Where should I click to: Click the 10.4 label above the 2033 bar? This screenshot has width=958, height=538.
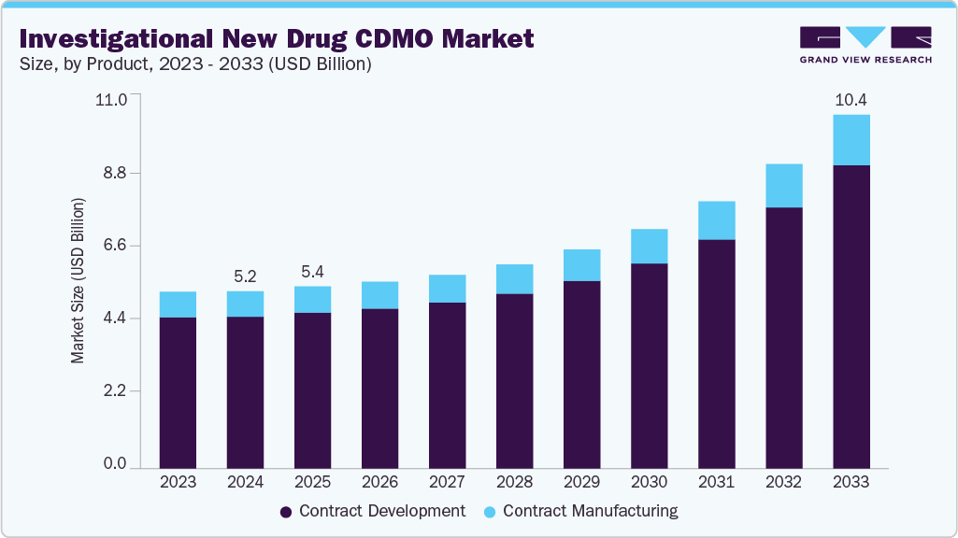point(851,100)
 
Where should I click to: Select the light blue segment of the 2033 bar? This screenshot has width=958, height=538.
point(851,140)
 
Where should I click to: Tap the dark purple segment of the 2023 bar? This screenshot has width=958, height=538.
point(178,392)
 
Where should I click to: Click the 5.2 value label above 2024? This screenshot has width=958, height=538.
point(245,276)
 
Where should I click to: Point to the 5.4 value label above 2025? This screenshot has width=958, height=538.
point(312,272)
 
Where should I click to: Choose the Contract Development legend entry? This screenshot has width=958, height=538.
point(373,511)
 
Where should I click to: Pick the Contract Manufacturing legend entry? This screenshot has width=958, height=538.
point(580,511)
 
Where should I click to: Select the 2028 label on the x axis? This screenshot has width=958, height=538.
point(514,483)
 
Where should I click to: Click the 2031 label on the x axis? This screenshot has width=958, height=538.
point(716,483)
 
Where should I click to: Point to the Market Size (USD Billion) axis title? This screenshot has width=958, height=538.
point(79,281)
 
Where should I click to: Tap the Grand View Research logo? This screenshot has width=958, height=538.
point(865,44)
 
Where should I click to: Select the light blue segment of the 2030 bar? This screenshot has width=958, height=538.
point(649,246)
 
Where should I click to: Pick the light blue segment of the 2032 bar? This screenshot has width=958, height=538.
point(783,186)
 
